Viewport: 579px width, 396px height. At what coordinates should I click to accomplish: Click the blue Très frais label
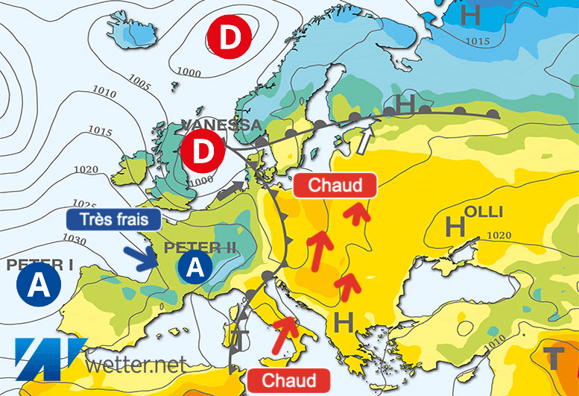click(x=113, y=219)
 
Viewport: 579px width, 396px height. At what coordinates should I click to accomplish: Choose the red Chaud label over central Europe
click(x=333, y=185)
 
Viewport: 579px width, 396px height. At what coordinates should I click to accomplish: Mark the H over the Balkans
click(x=344, y=323)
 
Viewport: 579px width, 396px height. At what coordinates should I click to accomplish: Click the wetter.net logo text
click(x=135, y=365)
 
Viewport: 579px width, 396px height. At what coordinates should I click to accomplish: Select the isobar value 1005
click(x=139, y=80)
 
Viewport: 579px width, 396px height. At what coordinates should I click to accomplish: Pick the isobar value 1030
click(x=75, y=240)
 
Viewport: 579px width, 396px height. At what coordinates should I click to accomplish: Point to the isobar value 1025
click(x=85, y=203)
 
